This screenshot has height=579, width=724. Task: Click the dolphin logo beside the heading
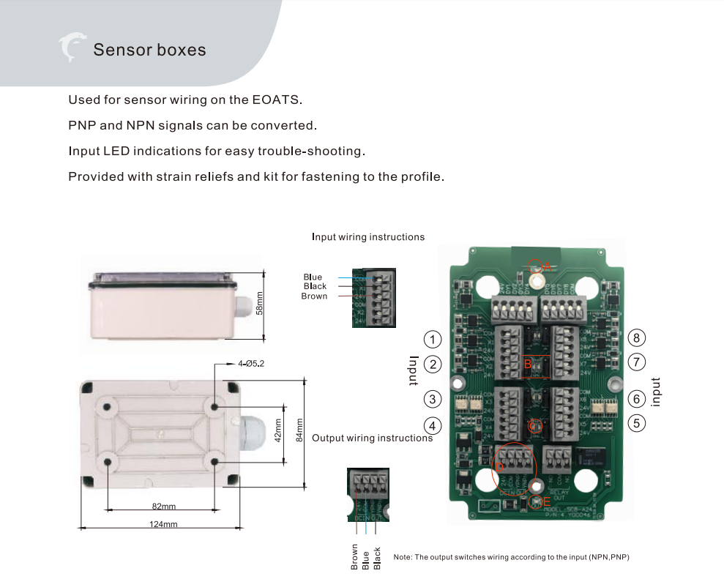[72, 48]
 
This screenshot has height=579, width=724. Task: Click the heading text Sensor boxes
[149, 50]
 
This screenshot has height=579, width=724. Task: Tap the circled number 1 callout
[433, 339]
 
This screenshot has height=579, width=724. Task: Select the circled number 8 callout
[637, 337]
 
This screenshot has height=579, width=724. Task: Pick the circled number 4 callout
[433, 425]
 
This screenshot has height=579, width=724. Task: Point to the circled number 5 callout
[637, 423]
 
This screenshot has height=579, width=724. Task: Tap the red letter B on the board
[528, 364]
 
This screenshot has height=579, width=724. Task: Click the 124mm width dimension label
[163, 524]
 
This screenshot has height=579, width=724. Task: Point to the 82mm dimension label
[163, 507]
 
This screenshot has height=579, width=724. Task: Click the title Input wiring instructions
[368, 237]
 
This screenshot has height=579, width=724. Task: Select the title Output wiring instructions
[372, 438]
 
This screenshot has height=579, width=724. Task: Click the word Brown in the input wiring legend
[314, 296]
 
